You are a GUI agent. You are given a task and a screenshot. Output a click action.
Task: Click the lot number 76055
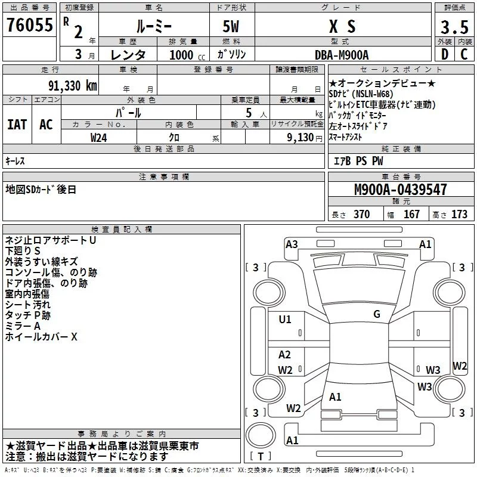point(30,25)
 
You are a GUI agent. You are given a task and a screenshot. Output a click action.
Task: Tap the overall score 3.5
point(454,27)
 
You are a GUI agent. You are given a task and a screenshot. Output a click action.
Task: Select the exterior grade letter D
point(445,54)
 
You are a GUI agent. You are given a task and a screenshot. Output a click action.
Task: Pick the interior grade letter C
point(464,54)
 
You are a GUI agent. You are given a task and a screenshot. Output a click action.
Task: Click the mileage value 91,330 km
point(73,86)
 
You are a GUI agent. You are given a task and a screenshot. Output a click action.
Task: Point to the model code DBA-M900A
point(342,55)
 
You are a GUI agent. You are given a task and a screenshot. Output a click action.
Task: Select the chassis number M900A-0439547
point(401,190)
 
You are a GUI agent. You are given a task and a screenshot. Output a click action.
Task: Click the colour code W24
point(98,138)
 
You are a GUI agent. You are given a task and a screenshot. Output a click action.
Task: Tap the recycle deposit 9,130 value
point(301,138)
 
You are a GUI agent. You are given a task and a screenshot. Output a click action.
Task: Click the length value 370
point(362,214)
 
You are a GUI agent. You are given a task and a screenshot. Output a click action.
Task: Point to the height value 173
point(459,214)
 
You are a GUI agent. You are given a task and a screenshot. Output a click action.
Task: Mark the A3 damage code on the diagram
point(292,244)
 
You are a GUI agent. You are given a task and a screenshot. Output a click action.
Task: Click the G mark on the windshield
point(377,314)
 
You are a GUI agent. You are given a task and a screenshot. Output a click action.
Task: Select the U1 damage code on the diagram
point(285,320)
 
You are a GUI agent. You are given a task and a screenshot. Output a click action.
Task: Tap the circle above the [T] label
point(261,435)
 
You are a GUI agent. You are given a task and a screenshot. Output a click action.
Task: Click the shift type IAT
point(17,125)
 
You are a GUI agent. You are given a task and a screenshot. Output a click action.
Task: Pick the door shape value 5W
point(231,26)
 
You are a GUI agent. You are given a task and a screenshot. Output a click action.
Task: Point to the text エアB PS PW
point(358,161)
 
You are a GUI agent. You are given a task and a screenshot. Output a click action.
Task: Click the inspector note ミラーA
point(23,326)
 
